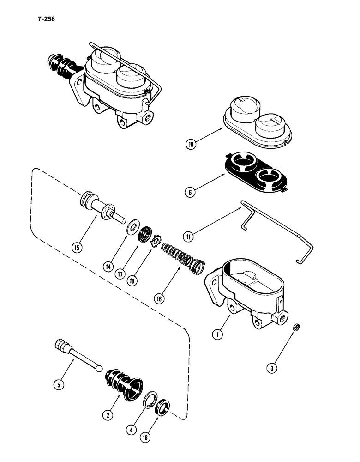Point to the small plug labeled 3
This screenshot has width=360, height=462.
[298, 328]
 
